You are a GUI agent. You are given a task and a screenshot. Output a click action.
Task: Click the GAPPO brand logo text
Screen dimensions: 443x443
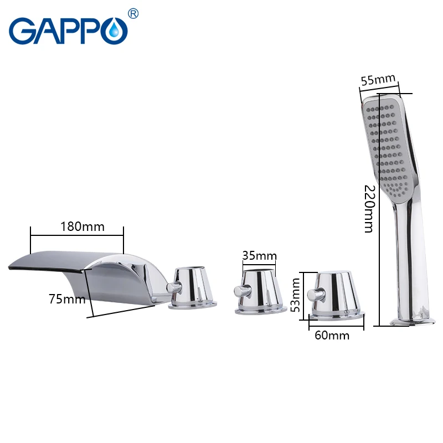click(68, 30)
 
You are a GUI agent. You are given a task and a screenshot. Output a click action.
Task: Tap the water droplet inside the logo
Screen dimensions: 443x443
click(114, 30)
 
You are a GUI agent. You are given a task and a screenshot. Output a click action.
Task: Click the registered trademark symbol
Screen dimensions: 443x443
click(133, 13)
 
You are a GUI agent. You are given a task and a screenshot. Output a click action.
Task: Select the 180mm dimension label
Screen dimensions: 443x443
click(83, 226)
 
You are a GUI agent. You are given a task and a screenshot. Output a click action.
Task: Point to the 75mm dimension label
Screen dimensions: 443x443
click(67, 299)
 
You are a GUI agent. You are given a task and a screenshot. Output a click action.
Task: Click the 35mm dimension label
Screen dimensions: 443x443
click(260, 256)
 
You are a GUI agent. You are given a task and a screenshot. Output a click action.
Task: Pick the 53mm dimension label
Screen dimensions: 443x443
click(295, 295)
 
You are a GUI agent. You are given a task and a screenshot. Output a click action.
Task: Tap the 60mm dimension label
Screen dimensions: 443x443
click(332, 336)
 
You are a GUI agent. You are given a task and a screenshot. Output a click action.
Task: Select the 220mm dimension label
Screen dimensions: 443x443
click(369, 209)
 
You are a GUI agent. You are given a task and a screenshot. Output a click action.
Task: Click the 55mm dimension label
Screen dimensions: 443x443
click(378, 79)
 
